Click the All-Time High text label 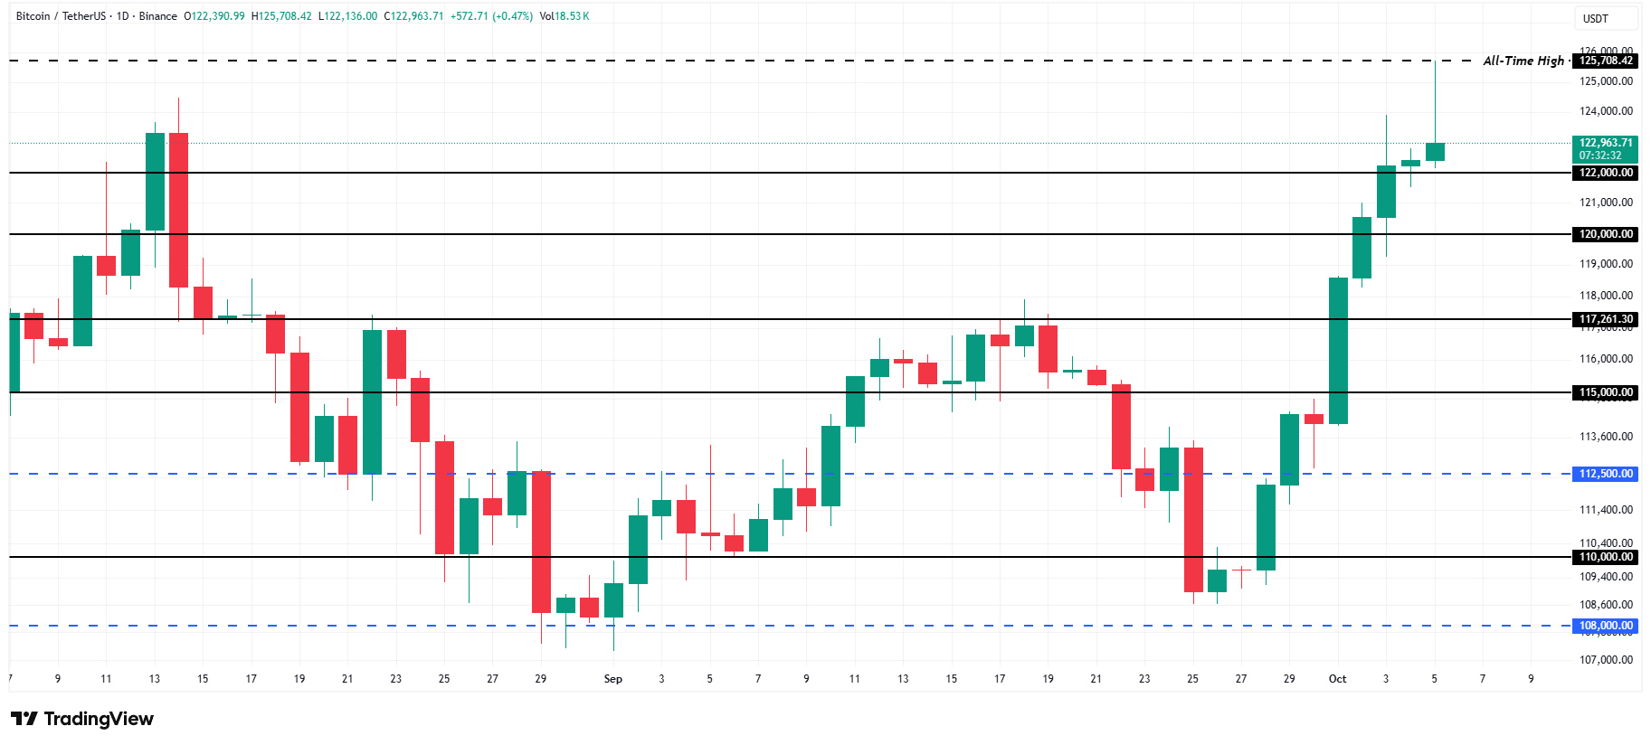pyautogui.click(x=1523, y=61)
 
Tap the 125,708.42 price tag pyautogui.click(x=1606, y=61)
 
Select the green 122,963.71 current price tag pyautogui.click(x=1606, y=148)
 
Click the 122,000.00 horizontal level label pyautogui.click(x=1606, y=173)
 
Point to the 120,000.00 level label pyautogui.click(x=1606, y=234)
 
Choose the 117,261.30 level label pyautogui.click(x=1606, y=319)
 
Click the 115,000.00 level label pyautogui.click(x=1606, y=392)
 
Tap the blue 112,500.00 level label pyautogui.click(x=1606, y=474)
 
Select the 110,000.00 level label pyautogui.click(x=1606, y=557)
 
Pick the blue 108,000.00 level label pyautogui.click(x=1606, y=626)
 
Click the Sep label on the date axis pyautogui.click(x=613, y=679)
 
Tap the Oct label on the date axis pyautogui.click(x=1337, y=679)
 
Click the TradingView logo pyautogui.click(x=82, y=719)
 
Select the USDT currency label pyautogui.click(x=1596, y=18)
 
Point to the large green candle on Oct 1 pyautogui.click(x=1338, y=351)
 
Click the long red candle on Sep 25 pyautogui.click(x=1193, y=520)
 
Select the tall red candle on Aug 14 pyautogui.click(x=178, y=210)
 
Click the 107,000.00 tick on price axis pyautogui.click(x=1606, y=660)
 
